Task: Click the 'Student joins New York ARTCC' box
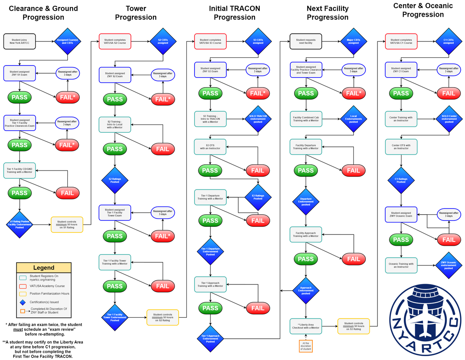(x=19, y=41)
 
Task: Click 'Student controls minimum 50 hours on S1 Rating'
(x=67, y=225)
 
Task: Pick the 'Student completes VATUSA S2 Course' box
(x=115, y=41)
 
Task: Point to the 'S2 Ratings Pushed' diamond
(x=115, y=179)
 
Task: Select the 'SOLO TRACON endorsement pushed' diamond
(x=258, y=119)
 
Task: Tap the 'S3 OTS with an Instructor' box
(x=210, y=146)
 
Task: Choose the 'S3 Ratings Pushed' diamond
(x=258, y=197)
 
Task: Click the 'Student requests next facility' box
(x=306, y=41)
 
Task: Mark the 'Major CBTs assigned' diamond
(x=353, y=41)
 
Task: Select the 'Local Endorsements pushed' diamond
(x=353, y=119)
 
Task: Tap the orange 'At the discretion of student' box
(x=306, y=346)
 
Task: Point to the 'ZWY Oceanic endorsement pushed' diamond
(x=449, y=265)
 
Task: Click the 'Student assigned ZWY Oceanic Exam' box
(x=401, y=214)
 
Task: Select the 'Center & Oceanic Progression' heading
(x=423, y=10)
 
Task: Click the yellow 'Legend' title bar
(x=44, y=268)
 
